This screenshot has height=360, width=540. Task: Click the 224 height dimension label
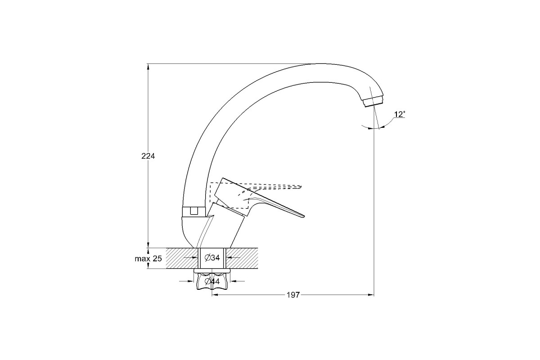click(x=148, y=156)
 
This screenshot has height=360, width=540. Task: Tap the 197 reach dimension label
click(x=293, y=295)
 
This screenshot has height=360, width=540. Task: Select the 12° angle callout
click(x=400, y=114)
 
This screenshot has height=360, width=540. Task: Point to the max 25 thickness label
click(x=148, y=259)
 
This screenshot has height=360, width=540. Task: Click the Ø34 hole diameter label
click(x=212, y=258)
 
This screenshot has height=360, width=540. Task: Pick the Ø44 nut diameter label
click(x=212, y=281)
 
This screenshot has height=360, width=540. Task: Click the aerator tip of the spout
click(x=373, y=103)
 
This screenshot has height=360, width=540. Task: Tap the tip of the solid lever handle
click(x=304, y=216)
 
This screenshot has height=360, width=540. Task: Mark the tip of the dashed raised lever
click(x=301, y=187)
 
